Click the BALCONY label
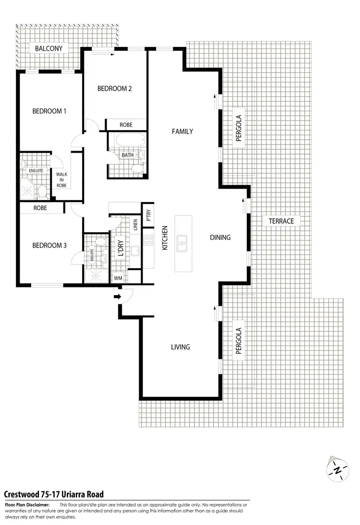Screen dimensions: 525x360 (x=49, y=48)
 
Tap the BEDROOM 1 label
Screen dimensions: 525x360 (x=49, y=111)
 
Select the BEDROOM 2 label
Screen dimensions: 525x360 (x=114, y=88)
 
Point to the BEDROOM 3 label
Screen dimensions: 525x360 (x=49, y=246)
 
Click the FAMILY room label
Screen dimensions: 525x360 (x=182, y=131)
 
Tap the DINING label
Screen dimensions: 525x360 (x=220, y=237)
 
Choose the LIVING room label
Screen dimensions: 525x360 (x=180, y=347)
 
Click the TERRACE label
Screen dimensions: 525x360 (x=281, y=221)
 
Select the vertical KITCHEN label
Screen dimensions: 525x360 (x=164, y=238)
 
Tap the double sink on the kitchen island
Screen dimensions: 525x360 (x=183, y=243)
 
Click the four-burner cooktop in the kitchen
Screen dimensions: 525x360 (x=149, y=244)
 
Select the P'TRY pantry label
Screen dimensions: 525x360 (x=149, y=213)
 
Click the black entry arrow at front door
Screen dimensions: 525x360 (x=117, y=297)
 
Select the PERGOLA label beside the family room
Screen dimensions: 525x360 (x=238, y=128)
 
